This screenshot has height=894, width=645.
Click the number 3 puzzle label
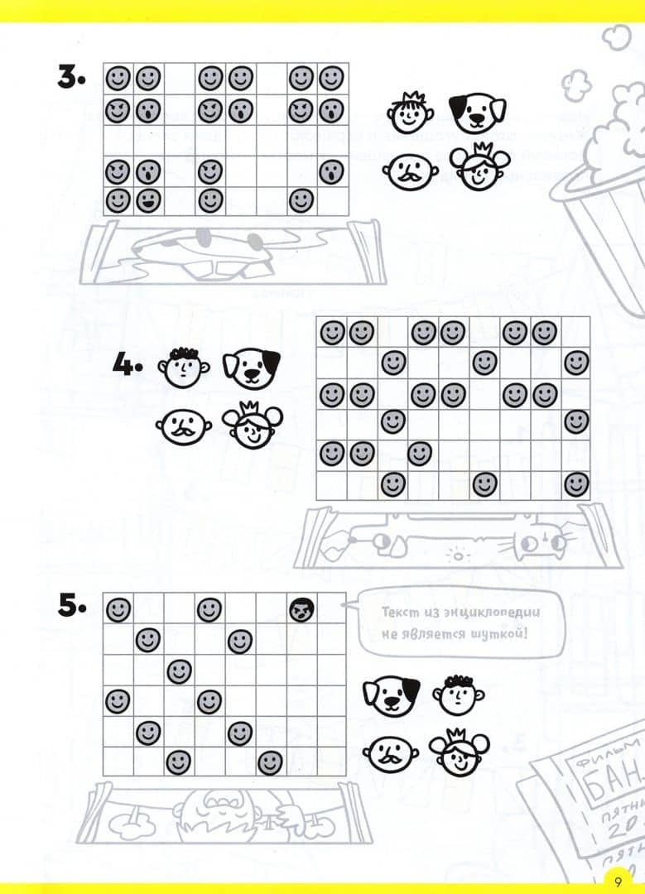pos(70,78)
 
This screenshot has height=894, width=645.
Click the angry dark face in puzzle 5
pos(300,610)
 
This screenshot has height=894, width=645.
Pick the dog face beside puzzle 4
pos(251,369)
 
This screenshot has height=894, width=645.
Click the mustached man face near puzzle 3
pos(409,171)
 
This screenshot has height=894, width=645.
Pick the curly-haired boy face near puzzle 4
pos(182,366)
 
